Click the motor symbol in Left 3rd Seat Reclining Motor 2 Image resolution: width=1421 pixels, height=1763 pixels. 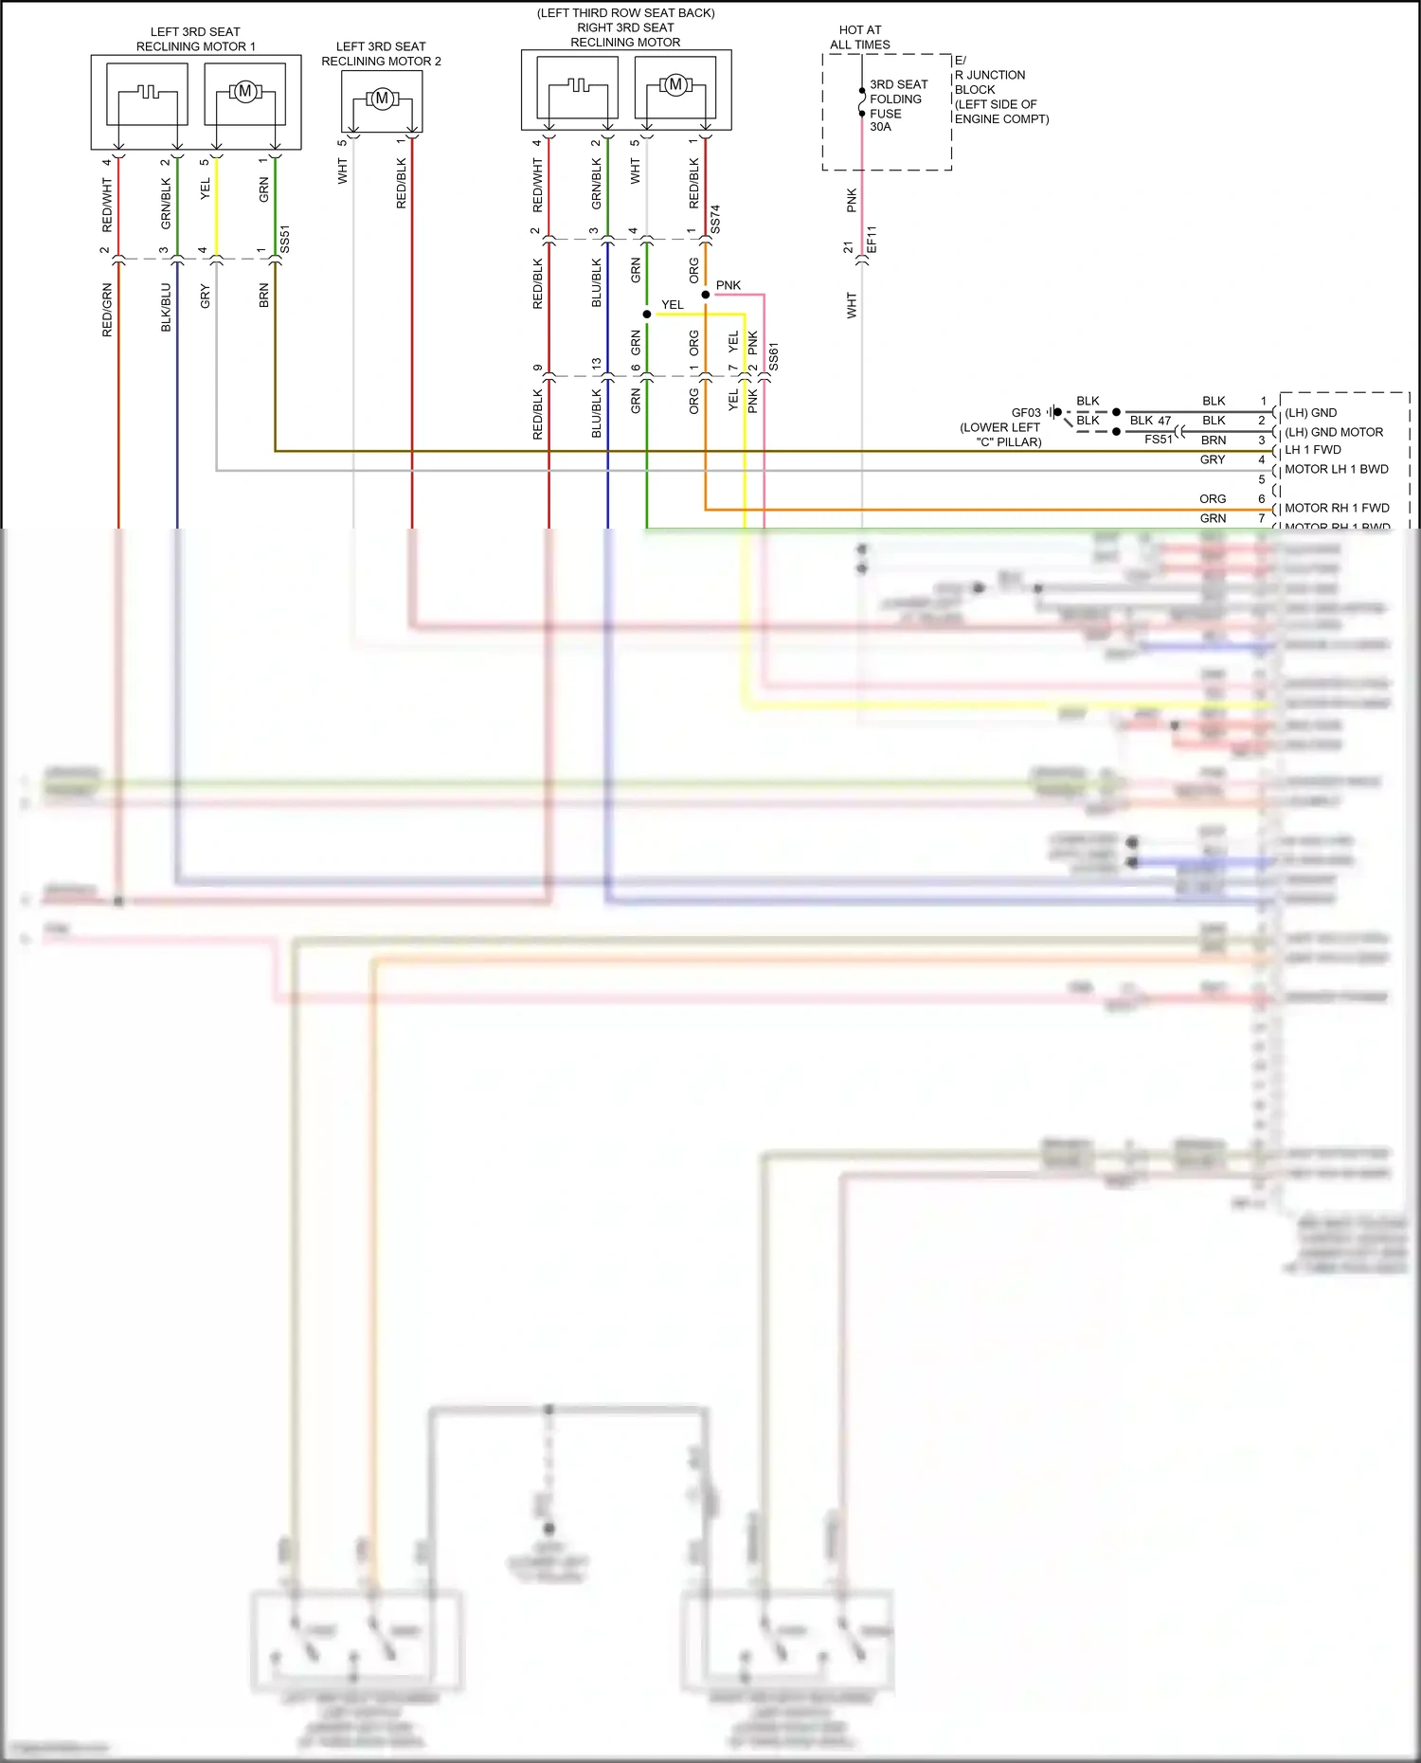pos(382,99)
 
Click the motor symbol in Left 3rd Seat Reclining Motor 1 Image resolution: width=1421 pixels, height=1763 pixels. pos(245,92)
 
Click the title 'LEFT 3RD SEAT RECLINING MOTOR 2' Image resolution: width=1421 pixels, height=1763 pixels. pos(381,54)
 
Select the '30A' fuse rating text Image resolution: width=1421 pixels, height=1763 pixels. pos(880,127)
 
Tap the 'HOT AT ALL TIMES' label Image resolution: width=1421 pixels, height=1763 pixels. pos(860,38)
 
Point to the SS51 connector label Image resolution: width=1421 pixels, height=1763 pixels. pos(285,240)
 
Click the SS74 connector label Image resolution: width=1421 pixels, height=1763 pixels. pos(715,219)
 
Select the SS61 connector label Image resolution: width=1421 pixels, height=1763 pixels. pos(774,357)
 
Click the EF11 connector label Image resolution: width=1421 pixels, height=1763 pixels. pos(872,240)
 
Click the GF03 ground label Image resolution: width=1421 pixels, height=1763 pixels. pos(1026,413)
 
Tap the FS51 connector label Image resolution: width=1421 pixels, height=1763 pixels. pos(1158,440)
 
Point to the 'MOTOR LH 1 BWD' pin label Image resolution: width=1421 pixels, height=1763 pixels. pos(1336,469)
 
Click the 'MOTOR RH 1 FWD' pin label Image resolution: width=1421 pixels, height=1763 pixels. pos(1337,508)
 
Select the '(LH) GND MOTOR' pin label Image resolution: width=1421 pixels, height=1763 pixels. pos(1333,432)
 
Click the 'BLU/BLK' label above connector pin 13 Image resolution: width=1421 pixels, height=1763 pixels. pos(597,282)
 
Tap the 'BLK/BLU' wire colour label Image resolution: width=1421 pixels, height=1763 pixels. pos(166,307)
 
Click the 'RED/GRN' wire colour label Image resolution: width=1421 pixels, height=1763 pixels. pos(107,310)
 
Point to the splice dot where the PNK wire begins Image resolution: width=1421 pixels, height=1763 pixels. pos(706,295)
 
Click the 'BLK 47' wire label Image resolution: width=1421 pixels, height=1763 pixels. pos(1150,421)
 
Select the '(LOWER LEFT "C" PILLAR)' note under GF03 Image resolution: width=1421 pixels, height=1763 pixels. pos(1000,435)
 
